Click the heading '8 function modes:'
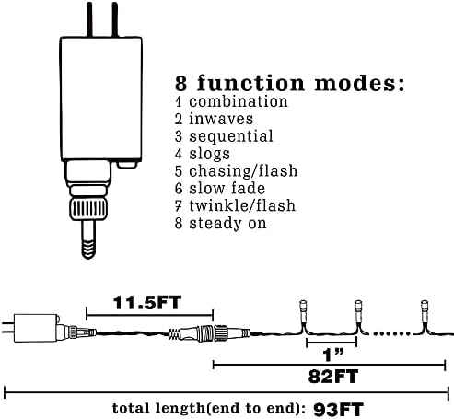[289, 83]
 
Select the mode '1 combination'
[231, 101]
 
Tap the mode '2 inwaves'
[214, 119]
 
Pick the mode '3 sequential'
[224, 136]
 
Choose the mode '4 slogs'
[203, 154]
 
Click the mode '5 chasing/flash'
[236, 171]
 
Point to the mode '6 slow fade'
[220, 188]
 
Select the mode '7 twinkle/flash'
[235, 205]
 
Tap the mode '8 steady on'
[220, 223]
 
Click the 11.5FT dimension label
[147, 303]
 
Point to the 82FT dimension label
[333, 377]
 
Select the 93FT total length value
[338, 409]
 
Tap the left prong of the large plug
[89, 19]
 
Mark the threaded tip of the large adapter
[88, 249]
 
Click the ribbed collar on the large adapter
[88, 209]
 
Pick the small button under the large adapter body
[127, 165]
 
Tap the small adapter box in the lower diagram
[36, 328]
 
